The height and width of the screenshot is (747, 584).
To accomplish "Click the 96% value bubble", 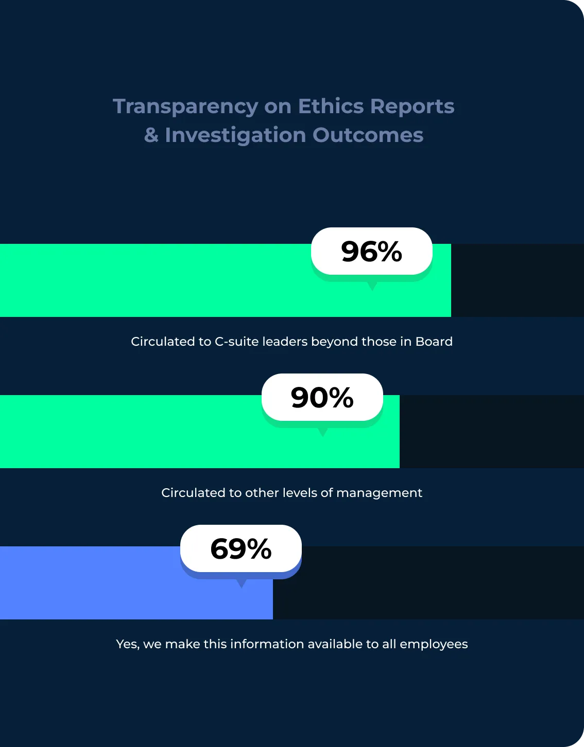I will pos(371,251).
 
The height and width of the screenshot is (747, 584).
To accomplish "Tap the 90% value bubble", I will pos(322,397).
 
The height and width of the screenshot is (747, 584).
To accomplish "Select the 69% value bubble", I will pos(241,548).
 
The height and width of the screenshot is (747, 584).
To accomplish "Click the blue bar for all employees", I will pos(103,592).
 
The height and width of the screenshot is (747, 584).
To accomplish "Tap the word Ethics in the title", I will pos(331,106).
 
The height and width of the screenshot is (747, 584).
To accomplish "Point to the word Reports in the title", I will pos(412,106).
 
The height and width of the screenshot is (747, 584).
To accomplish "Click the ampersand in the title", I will pos(151,135).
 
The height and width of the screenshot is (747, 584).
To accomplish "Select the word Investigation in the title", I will pos(235,135).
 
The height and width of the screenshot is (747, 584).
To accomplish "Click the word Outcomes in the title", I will pos(368,135).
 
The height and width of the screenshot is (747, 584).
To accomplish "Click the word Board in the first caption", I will pos(434,342).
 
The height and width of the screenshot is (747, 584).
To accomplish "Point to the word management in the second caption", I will pos(379,493).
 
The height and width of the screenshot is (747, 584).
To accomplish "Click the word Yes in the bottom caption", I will pos(127,644).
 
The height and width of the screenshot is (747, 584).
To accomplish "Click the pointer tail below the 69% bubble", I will pos(241,583).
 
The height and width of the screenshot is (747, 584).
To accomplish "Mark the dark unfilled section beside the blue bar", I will pos(427,592).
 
